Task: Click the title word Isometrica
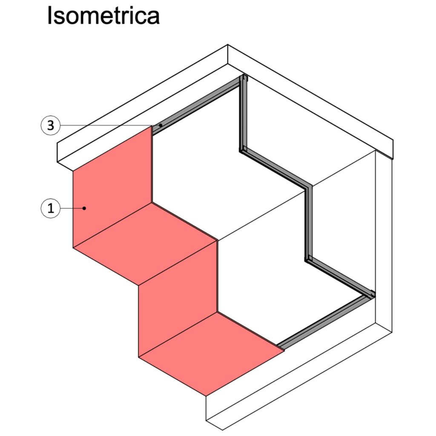[103, 15]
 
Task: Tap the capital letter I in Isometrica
[49, 15]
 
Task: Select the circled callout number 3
[51, 126]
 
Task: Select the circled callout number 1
[51, 208]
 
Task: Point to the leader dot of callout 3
[161, 126]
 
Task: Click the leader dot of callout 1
[84, 208]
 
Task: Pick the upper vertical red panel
[112, 186]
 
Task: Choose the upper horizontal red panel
[145, 244]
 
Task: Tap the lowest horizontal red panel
[211, 354]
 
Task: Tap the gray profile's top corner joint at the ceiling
[243, 78]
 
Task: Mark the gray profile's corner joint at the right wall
[371, 295]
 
